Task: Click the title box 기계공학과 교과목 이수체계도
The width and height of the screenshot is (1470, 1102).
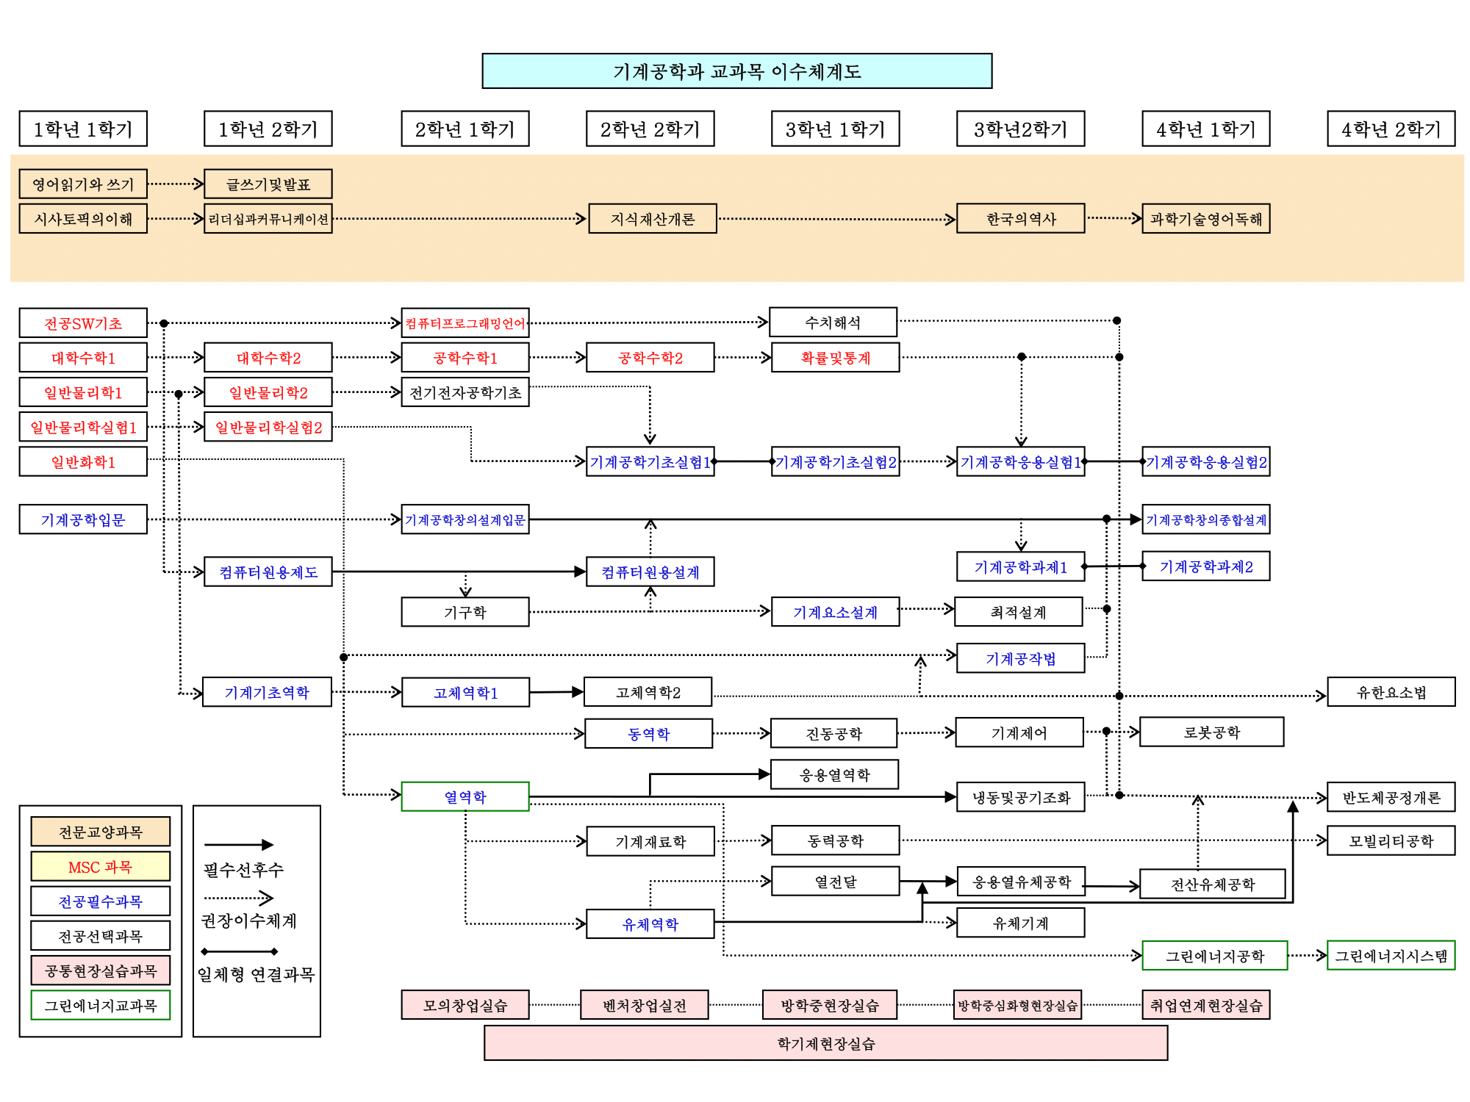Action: (736, 71)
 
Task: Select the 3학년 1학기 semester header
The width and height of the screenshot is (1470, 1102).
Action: (835, 129)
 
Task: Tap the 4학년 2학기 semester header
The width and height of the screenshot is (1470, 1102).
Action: (1391, 129)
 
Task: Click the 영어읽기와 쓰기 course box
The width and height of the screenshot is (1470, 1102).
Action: (83, 184)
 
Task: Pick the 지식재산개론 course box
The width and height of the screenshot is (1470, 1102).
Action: (652, 219)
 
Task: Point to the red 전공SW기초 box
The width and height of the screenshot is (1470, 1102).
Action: (83, 323)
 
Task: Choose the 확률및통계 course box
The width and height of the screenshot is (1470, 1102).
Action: (835, 358)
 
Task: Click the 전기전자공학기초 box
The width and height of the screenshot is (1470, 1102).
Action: (465, 392)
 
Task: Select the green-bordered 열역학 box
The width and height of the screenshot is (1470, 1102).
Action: (465, 796)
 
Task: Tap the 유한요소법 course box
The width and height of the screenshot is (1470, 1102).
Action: (1391, 692)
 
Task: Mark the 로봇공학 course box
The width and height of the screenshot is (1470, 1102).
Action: (1211, 732)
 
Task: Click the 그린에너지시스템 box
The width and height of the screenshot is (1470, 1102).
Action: (1391, 956)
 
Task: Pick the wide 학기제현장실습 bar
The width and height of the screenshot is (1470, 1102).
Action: (825, 1043)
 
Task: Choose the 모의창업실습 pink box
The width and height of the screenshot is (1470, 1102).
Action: (465, 1005)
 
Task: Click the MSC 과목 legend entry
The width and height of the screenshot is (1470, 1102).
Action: (101, 867)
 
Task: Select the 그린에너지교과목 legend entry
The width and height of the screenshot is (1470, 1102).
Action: (101, 1005)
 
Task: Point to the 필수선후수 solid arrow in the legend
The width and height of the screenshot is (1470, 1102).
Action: (238, 845)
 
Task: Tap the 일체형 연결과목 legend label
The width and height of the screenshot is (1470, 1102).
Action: (256, 974)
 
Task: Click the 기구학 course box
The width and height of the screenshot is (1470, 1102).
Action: (465, 612)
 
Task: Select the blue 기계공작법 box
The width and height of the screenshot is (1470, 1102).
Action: (1020, 658)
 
